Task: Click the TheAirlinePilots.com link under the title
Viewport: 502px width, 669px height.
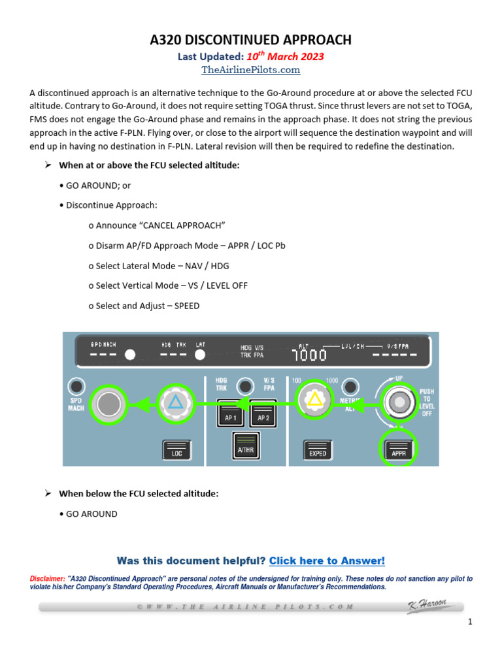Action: [x=251, y=70]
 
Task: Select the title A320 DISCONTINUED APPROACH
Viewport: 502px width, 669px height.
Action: [x=251, y=41]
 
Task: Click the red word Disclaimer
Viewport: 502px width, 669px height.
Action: [x=47, y=579]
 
